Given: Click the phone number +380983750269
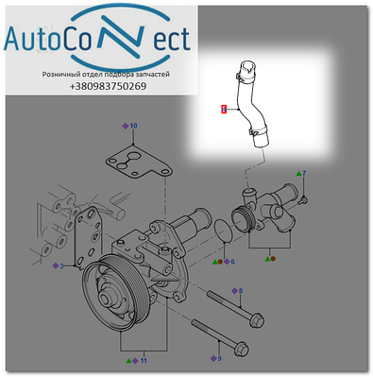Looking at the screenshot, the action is (108, 86).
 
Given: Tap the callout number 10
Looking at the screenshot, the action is (133, 126).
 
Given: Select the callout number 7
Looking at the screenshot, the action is (304, 173).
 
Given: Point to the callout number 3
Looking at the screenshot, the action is (61, 266).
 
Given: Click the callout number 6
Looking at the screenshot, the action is (232, 262).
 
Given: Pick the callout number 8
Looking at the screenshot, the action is (241, 291).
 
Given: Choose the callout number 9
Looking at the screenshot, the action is (219, 358).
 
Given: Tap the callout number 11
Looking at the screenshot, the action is (144, 361).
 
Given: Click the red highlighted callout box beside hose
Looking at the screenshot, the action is (224, 110).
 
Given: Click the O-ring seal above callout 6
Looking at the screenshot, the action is (223, 231).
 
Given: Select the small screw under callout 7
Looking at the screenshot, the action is (304, 199).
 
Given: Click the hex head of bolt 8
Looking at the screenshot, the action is (257, 319).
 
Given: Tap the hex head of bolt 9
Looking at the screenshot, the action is (242, 350).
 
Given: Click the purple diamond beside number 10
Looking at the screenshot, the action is (126, 127).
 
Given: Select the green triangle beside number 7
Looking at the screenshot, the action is (298, 173).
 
